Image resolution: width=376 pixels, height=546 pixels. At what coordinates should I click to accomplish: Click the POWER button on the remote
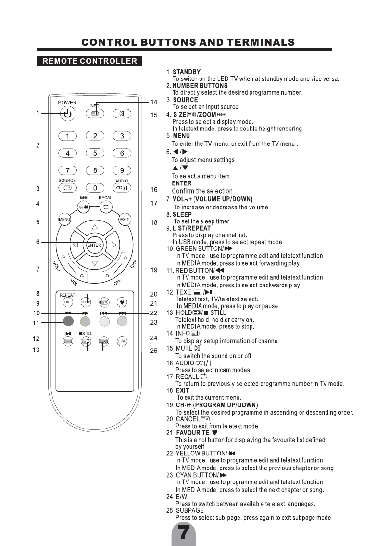67,114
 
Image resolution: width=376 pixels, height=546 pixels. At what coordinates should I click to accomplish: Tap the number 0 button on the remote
95,188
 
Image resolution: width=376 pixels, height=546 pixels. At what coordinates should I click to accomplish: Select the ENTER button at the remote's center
94,245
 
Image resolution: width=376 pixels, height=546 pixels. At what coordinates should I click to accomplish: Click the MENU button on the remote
64,220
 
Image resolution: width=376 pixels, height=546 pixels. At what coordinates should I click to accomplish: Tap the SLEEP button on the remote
86,302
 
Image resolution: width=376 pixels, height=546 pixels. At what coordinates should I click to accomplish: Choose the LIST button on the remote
67,302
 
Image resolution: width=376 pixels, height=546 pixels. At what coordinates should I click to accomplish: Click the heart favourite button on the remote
122,302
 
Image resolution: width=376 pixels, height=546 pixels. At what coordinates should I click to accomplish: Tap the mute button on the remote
122,114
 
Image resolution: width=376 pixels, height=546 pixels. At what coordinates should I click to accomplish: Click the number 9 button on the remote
122,170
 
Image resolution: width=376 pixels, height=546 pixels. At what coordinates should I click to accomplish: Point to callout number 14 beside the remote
154,102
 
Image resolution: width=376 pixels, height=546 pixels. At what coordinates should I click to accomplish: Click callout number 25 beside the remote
154,351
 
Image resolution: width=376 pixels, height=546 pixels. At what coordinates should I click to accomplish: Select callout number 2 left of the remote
38,145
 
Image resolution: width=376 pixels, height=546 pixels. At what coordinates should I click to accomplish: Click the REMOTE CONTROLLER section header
90,61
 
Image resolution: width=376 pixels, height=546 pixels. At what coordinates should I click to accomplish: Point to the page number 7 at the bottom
183,533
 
